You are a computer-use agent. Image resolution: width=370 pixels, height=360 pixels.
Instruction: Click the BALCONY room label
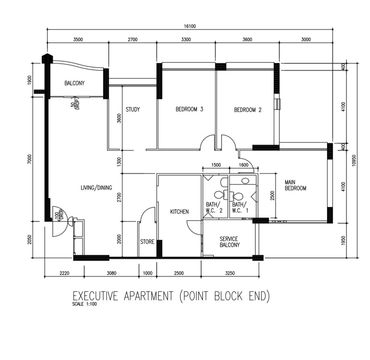tap(74, 83)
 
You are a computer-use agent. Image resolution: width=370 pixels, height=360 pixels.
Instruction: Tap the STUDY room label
tap(133, 109)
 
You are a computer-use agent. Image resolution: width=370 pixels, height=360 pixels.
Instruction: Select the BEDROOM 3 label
tap(189, 109)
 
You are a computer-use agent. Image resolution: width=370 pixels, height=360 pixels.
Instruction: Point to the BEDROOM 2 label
tap(248, 110)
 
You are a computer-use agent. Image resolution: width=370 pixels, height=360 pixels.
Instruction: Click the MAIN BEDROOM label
tap(296, 185)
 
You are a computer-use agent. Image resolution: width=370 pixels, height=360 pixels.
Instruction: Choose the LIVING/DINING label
tap(96, 188)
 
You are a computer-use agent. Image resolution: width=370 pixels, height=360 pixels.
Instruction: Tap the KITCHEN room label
tap(179, 211)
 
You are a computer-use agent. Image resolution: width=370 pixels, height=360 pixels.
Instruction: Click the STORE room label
tap(147, 242)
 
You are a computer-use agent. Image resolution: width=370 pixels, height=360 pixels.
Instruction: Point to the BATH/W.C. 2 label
tap(214, 207)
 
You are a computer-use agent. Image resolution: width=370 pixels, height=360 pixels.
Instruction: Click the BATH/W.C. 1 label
tap(240, 207)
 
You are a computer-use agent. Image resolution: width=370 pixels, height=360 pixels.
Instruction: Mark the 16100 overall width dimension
tap(190, 26)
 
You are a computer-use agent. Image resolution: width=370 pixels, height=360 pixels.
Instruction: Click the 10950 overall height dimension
tap(353, 161)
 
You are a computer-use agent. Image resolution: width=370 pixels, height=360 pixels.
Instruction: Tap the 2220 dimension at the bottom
tap(64, 273)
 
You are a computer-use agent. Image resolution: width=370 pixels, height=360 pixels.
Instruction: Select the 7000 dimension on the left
tap(29, 159)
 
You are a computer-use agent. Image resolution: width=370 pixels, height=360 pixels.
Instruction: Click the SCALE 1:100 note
tap(85, 304)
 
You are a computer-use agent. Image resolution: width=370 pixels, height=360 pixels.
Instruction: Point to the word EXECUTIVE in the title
tap(95, 296)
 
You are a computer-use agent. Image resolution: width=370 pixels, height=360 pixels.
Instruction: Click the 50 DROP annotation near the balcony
tap(75, 104)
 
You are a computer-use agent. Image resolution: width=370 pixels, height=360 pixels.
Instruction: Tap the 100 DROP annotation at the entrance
tap(59, 215)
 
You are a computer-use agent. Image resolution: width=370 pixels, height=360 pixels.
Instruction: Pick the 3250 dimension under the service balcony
tap(230, 273)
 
